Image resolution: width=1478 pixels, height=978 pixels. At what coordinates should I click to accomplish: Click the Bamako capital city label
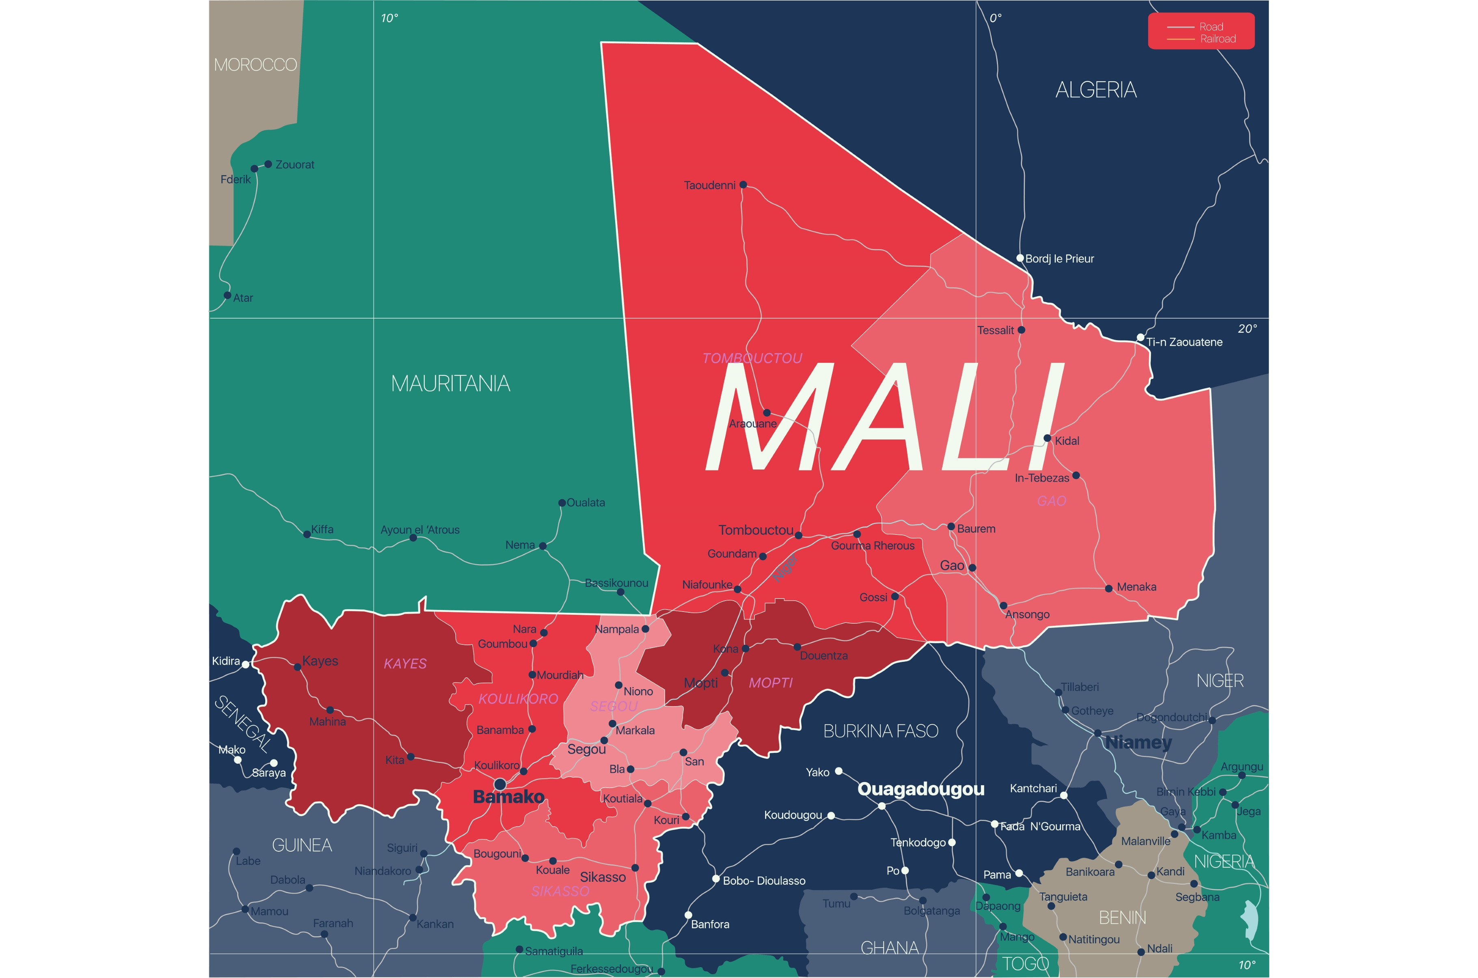508,797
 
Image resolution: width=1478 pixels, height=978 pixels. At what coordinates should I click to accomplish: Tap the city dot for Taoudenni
743,185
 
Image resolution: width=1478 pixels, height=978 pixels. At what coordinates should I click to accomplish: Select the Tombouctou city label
756,530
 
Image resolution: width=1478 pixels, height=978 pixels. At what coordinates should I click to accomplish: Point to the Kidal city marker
1048,438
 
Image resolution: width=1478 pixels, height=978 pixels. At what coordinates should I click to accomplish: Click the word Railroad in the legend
1218,39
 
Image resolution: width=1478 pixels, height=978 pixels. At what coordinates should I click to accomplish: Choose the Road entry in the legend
1211,27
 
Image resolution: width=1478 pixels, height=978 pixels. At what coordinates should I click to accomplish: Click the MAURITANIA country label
450,383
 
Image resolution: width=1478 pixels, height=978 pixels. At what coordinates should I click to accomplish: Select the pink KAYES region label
405,663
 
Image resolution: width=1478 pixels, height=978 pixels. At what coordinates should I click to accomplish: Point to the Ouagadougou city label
921,789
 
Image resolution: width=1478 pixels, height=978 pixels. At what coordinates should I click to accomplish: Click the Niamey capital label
1139,742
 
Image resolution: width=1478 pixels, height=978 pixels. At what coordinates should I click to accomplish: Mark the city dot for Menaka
1108,588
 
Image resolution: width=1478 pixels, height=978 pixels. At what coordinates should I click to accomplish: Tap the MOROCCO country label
255,65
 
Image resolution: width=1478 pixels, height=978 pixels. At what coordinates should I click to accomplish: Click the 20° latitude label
1247,329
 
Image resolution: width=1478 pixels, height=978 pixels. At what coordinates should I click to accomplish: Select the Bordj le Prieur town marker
1020,258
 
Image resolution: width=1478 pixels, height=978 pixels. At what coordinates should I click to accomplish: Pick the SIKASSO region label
560,891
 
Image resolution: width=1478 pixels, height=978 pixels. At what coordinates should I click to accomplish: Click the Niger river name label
785,568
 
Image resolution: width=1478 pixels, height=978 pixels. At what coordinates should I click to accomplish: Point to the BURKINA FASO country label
880,731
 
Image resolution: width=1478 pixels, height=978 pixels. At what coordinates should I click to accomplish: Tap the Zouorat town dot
268,164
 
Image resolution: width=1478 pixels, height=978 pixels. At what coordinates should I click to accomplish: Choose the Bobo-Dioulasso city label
764,881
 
